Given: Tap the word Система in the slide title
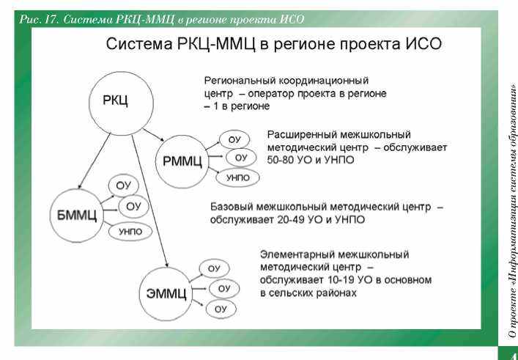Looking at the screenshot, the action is pos(138,44).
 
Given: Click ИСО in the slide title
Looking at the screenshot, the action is pos(423,44).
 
